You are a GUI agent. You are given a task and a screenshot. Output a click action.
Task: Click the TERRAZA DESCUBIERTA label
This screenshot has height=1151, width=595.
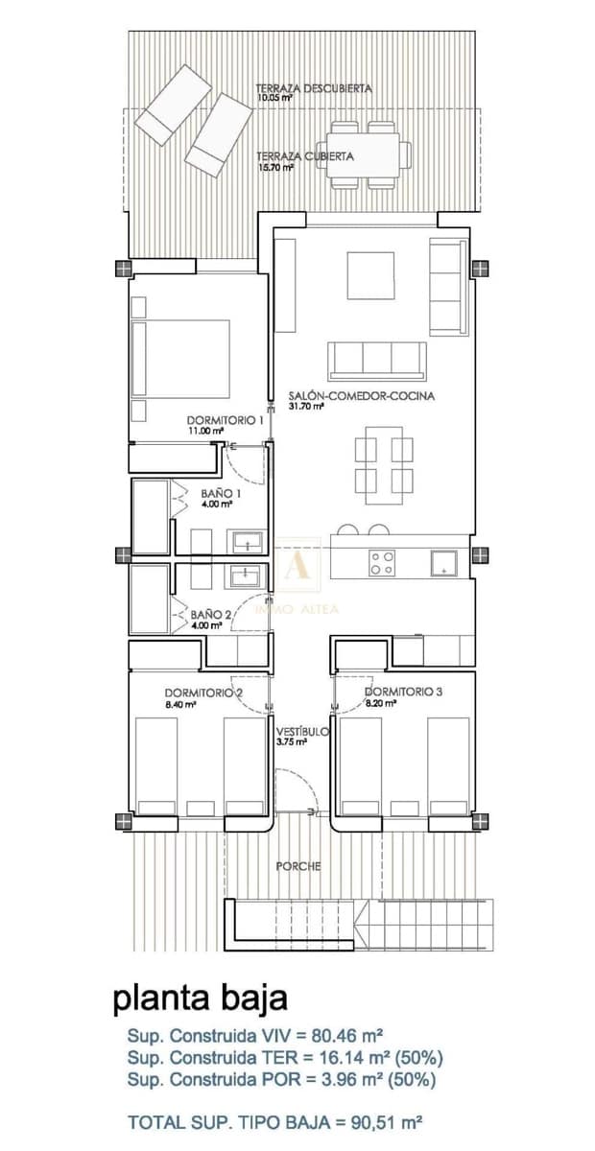point(314,88)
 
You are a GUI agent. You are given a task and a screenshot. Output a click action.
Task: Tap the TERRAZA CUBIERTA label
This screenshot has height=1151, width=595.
point(304,155)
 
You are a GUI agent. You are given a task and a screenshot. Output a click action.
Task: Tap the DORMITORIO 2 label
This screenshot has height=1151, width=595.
point(203,693)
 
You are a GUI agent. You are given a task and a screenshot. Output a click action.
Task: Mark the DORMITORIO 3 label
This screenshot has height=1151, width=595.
point(403,691)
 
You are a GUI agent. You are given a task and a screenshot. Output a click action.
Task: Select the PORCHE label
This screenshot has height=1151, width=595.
point(298,865)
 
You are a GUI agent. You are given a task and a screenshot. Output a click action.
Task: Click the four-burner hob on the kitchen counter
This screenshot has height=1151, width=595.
point(381,563)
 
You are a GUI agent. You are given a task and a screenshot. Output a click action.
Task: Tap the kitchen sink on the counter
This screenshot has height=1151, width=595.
point(443,563)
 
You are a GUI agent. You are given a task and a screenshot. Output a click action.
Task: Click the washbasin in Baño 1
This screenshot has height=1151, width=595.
point(246,541)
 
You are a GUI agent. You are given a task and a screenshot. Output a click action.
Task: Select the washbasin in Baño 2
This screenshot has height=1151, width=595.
point(246,575)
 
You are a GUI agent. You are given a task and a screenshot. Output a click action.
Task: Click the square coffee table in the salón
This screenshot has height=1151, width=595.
point(370,276)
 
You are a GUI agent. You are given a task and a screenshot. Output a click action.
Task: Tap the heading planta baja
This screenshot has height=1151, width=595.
point(201,998)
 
